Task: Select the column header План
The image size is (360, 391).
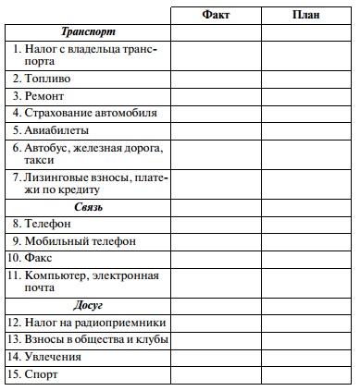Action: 306,15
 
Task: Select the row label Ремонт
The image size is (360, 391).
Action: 45,95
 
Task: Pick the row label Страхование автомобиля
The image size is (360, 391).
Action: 84,113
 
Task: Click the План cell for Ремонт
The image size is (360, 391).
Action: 306,95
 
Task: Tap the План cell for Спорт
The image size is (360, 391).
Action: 306,373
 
